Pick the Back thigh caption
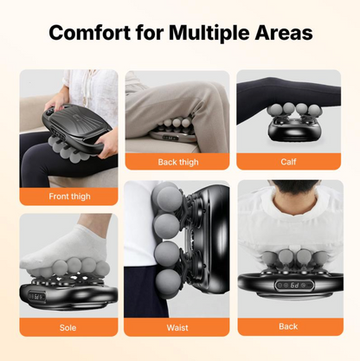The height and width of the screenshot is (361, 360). [x=179, y=161]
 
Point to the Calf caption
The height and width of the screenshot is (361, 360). [x=288, y=161]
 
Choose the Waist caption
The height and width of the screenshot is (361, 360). [x=179, y=328]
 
